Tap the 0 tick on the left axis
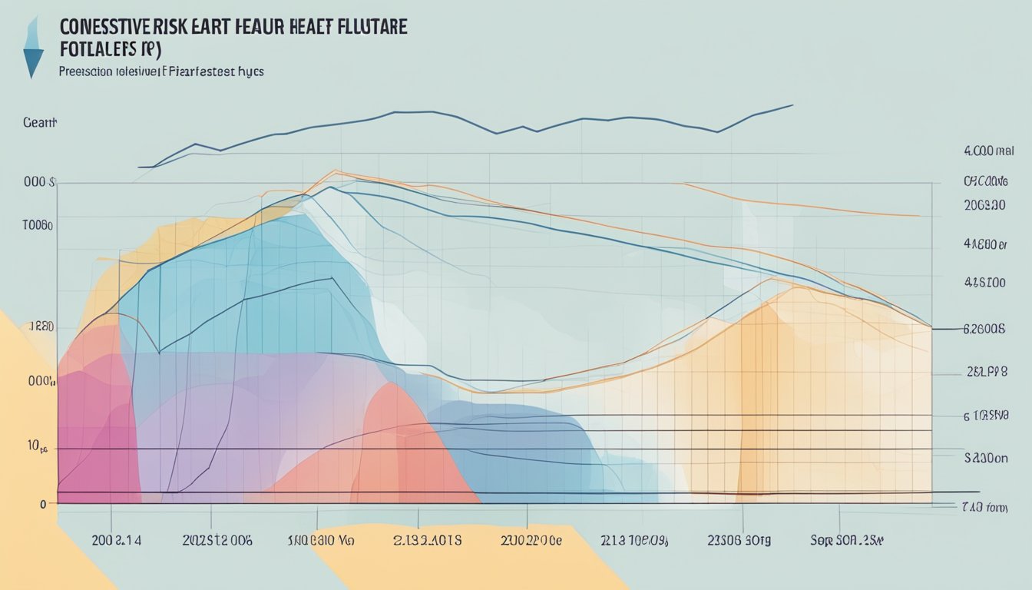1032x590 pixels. coord(41,504)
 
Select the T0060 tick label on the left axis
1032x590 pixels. coord(37,226)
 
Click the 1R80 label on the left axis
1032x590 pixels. coord(41,326)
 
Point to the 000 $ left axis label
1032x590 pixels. coord(39,183)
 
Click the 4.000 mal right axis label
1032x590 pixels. coord(988,152)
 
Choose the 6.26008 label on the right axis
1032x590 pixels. coord(984,329)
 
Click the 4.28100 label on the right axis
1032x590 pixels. coord(984,283)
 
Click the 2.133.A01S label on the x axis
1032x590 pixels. coord(427,540)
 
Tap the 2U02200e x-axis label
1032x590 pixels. coord(531,540)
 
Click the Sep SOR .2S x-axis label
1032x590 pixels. coord(847,540)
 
